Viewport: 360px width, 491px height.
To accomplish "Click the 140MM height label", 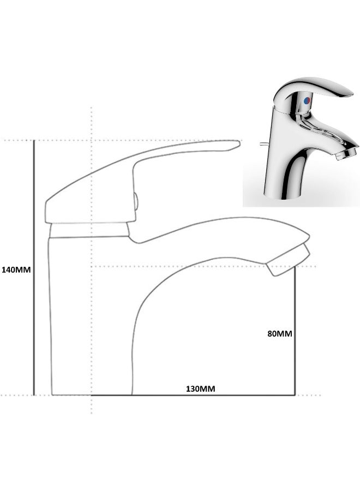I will pos(16,270).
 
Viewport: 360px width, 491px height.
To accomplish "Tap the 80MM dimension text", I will pos(280,334).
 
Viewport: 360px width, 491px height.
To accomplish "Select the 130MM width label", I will pos(201,388).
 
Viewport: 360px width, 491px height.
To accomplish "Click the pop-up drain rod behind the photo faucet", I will pos(263,144).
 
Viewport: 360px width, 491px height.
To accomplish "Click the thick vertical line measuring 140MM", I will pos(34,267).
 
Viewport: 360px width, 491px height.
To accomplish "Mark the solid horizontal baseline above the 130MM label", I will pos(218,394).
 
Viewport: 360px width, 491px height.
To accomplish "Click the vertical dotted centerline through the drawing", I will pos(91,327).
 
